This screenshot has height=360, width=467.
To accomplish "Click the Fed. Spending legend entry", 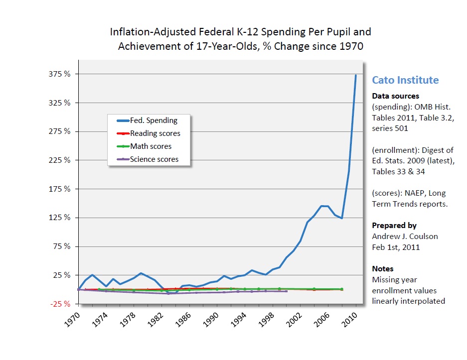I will click(x=154, y=120).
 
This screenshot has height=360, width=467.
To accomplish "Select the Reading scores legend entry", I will click(x=155, y=133).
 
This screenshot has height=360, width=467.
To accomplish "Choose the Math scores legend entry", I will click(x=151, y=146).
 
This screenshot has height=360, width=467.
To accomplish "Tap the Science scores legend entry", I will click(x=154, y=159).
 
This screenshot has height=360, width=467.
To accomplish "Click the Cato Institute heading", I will click(x=405, y=80).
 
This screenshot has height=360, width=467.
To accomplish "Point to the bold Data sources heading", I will click(x=395, y=96).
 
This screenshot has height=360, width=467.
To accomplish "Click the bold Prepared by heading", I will click(x=394, y=226).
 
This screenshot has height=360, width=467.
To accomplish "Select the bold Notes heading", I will click(x=382, y=269).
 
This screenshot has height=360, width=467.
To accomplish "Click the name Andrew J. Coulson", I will click(x=405, y=237).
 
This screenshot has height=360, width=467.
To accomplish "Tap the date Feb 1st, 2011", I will click(x=396, y=247).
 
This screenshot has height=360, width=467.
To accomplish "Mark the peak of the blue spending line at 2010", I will click(x=356, y=75).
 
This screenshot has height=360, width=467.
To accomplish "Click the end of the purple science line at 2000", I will click(x=286, y=291).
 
